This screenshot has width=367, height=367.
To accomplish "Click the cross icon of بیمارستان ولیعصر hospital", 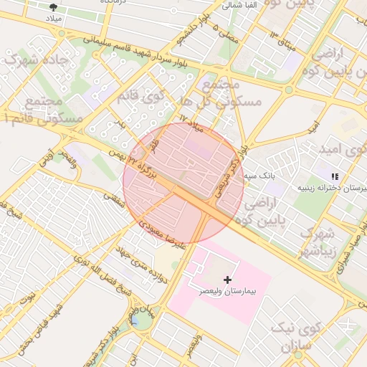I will (228, 278).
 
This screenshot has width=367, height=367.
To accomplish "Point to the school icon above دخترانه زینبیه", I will (333, 176).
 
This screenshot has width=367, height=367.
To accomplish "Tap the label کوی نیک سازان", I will (293, 338).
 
